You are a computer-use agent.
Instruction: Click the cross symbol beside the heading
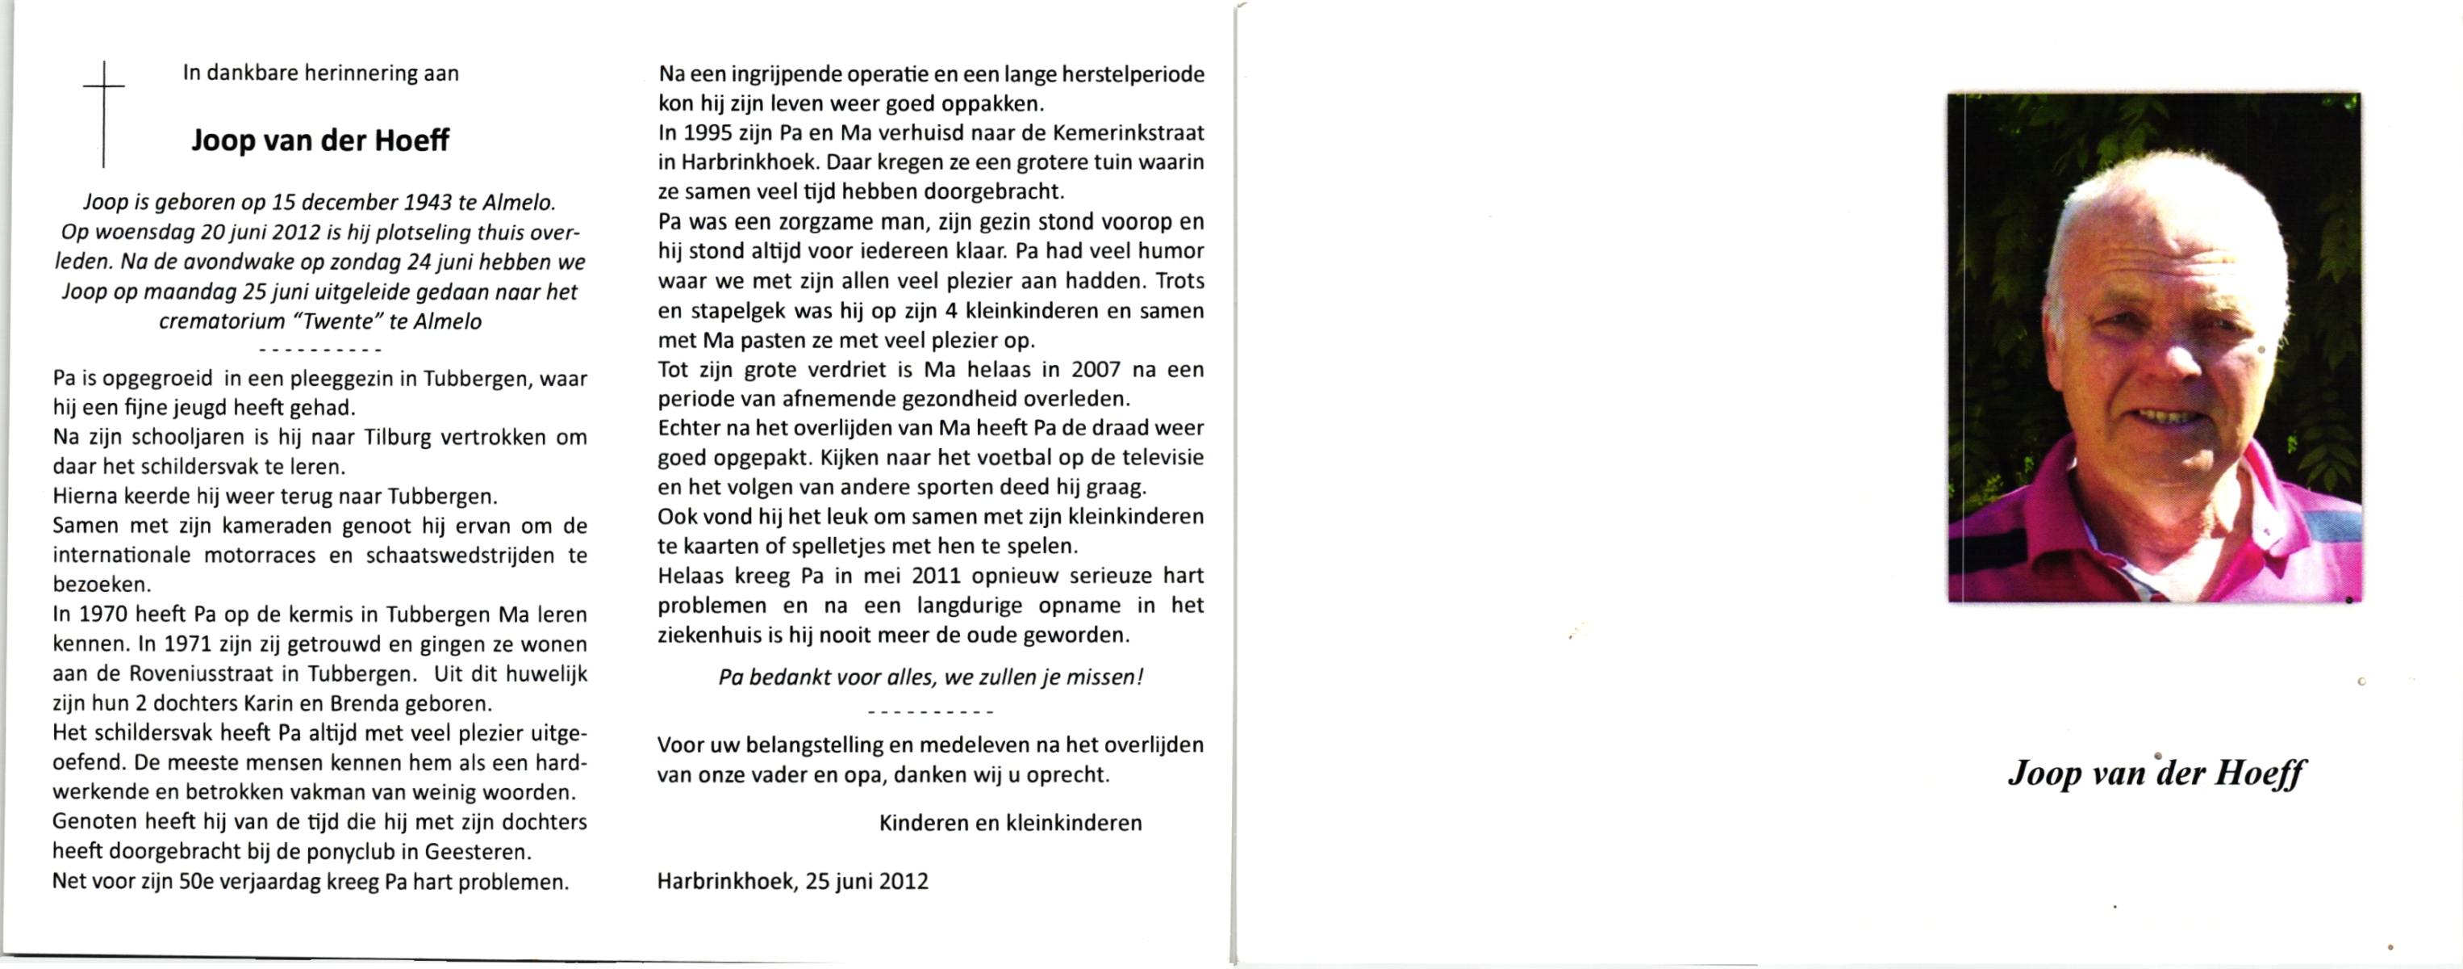tap(103, 113)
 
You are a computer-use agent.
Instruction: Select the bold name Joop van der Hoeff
tap(319, 141)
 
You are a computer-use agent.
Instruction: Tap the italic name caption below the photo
tap(2156, 772)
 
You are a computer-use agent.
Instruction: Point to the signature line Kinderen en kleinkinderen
tap(1010, 824)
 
